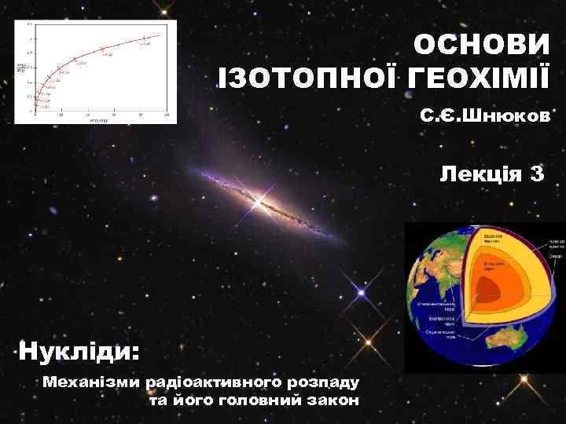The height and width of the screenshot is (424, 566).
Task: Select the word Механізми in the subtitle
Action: tap(93, 382)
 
